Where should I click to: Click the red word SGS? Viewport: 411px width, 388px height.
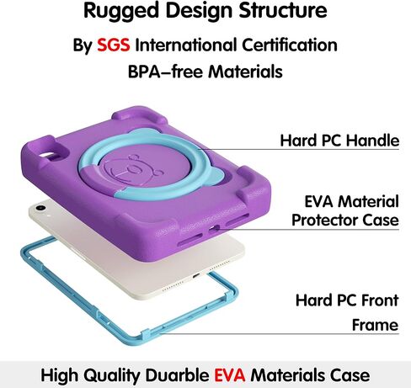pos(114,45)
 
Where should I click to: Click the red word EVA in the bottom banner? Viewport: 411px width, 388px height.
pos(230,375)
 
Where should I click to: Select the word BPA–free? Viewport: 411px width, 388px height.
pos(165,72)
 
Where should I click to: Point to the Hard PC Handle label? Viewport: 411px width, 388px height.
pos(339,141)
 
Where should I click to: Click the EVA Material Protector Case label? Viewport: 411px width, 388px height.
pos(345,210)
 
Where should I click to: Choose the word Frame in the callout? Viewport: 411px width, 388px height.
pos(375,325)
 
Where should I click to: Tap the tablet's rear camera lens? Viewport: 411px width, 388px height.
pos(40,208)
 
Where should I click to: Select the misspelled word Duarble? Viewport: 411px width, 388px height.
pos(177,375)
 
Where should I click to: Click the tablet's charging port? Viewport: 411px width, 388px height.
pos(195,275)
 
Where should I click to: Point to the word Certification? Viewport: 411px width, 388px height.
pos(290,45)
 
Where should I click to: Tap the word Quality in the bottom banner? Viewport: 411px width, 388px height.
pos(112,375)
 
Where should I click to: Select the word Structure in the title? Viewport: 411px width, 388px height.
pos(283,11)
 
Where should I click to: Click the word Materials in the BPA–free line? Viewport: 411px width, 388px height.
pos(245,72)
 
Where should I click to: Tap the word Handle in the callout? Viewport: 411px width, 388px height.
pos(372,141)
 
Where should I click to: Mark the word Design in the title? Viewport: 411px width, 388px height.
pos(199,11)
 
